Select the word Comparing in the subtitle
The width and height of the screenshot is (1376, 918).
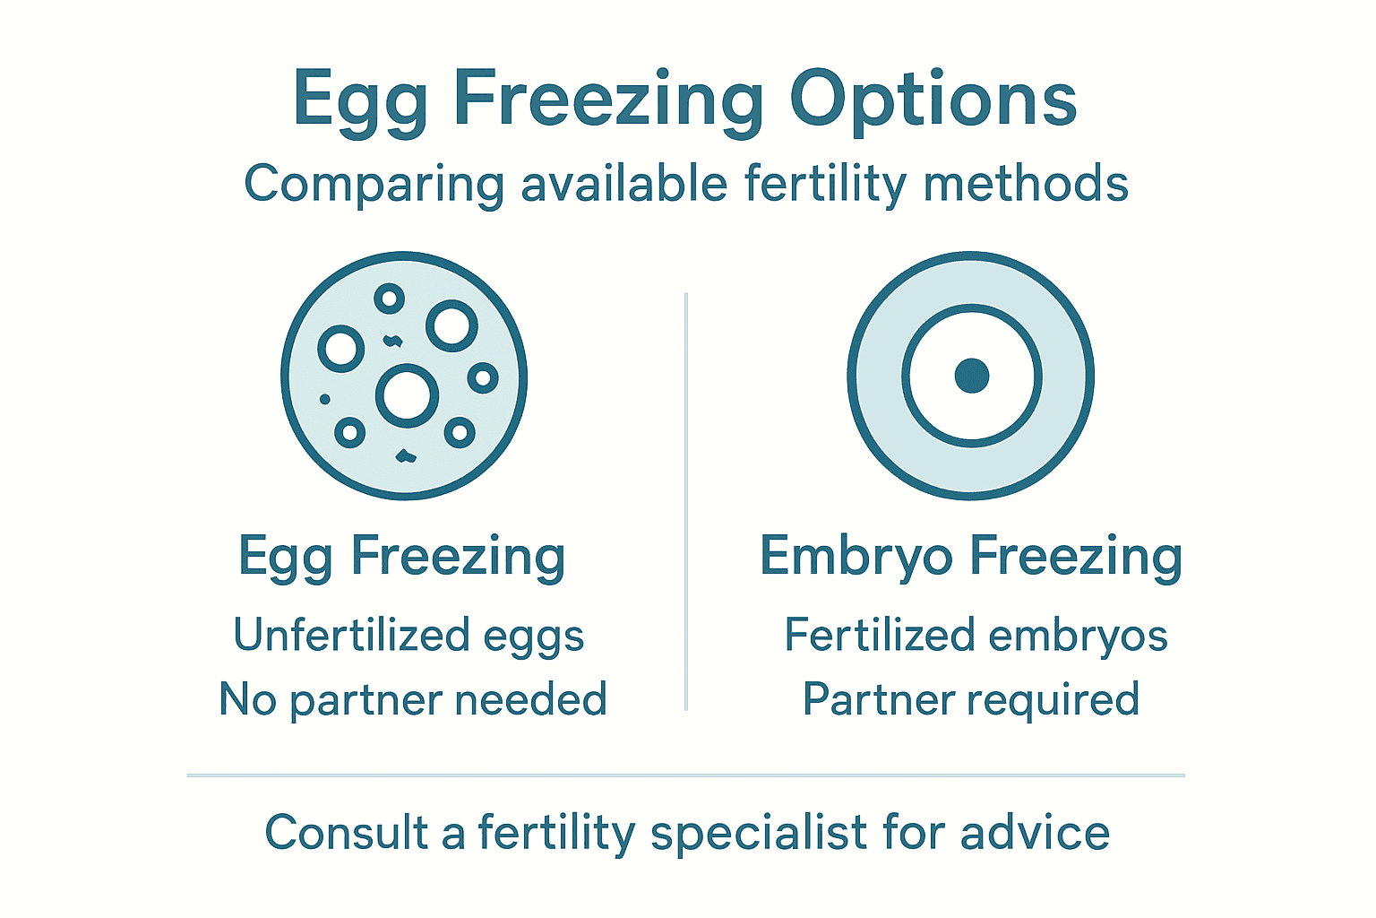[x=374, y=185]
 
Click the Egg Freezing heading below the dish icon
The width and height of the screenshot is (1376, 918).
[x=401, y=557]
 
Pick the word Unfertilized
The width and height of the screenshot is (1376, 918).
[x=351, y=635]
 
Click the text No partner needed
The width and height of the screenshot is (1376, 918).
[x=413, y=699]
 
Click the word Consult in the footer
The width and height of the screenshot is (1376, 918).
[x=346, y=832]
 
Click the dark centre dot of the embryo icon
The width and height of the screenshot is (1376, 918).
[x=971, y=376]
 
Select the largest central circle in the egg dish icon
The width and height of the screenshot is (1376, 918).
[x=407, y=395]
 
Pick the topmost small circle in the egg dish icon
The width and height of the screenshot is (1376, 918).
[x=389, y=299]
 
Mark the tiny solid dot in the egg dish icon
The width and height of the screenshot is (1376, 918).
[x=324, y=399]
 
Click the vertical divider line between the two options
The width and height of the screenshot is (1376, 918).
[x=686, y=502]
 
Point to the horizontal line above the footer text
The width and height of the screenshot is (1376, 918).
[x=686, y=775]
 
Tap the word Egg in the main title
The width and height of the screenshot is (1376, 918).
[x=361, y=100]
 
